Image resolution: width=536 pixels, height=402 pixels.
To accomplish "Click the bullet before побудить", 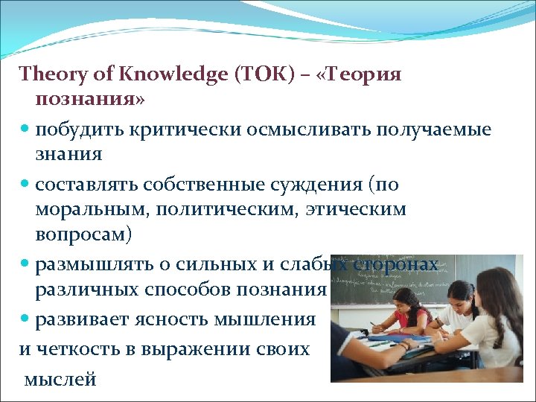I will click(25, 130).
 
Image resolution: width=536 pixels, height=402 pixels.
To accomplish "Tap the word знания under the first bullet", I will click(68, 155).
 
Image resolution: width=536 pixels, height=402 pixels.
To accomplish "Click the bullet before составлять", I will click(25, 184).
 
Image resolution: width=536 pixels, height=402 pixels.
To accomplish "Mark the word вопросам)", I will click(83, 234).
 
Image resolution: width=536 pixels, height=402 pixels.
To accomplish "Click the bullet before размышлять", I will click(25, 264).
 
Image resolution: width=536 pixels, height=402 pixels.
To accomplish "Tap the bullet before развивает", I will click(25, 319).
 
